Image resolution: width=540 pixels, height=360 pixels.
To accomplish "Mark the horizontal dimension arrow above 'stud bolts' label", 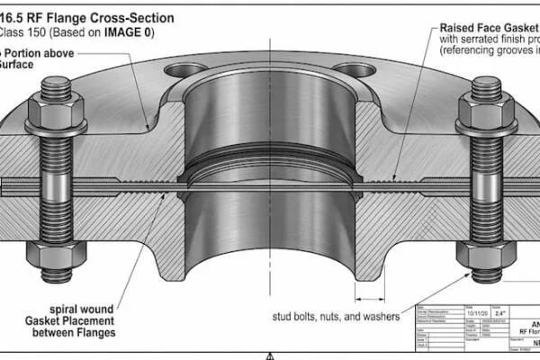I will [x=371, y=296].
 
